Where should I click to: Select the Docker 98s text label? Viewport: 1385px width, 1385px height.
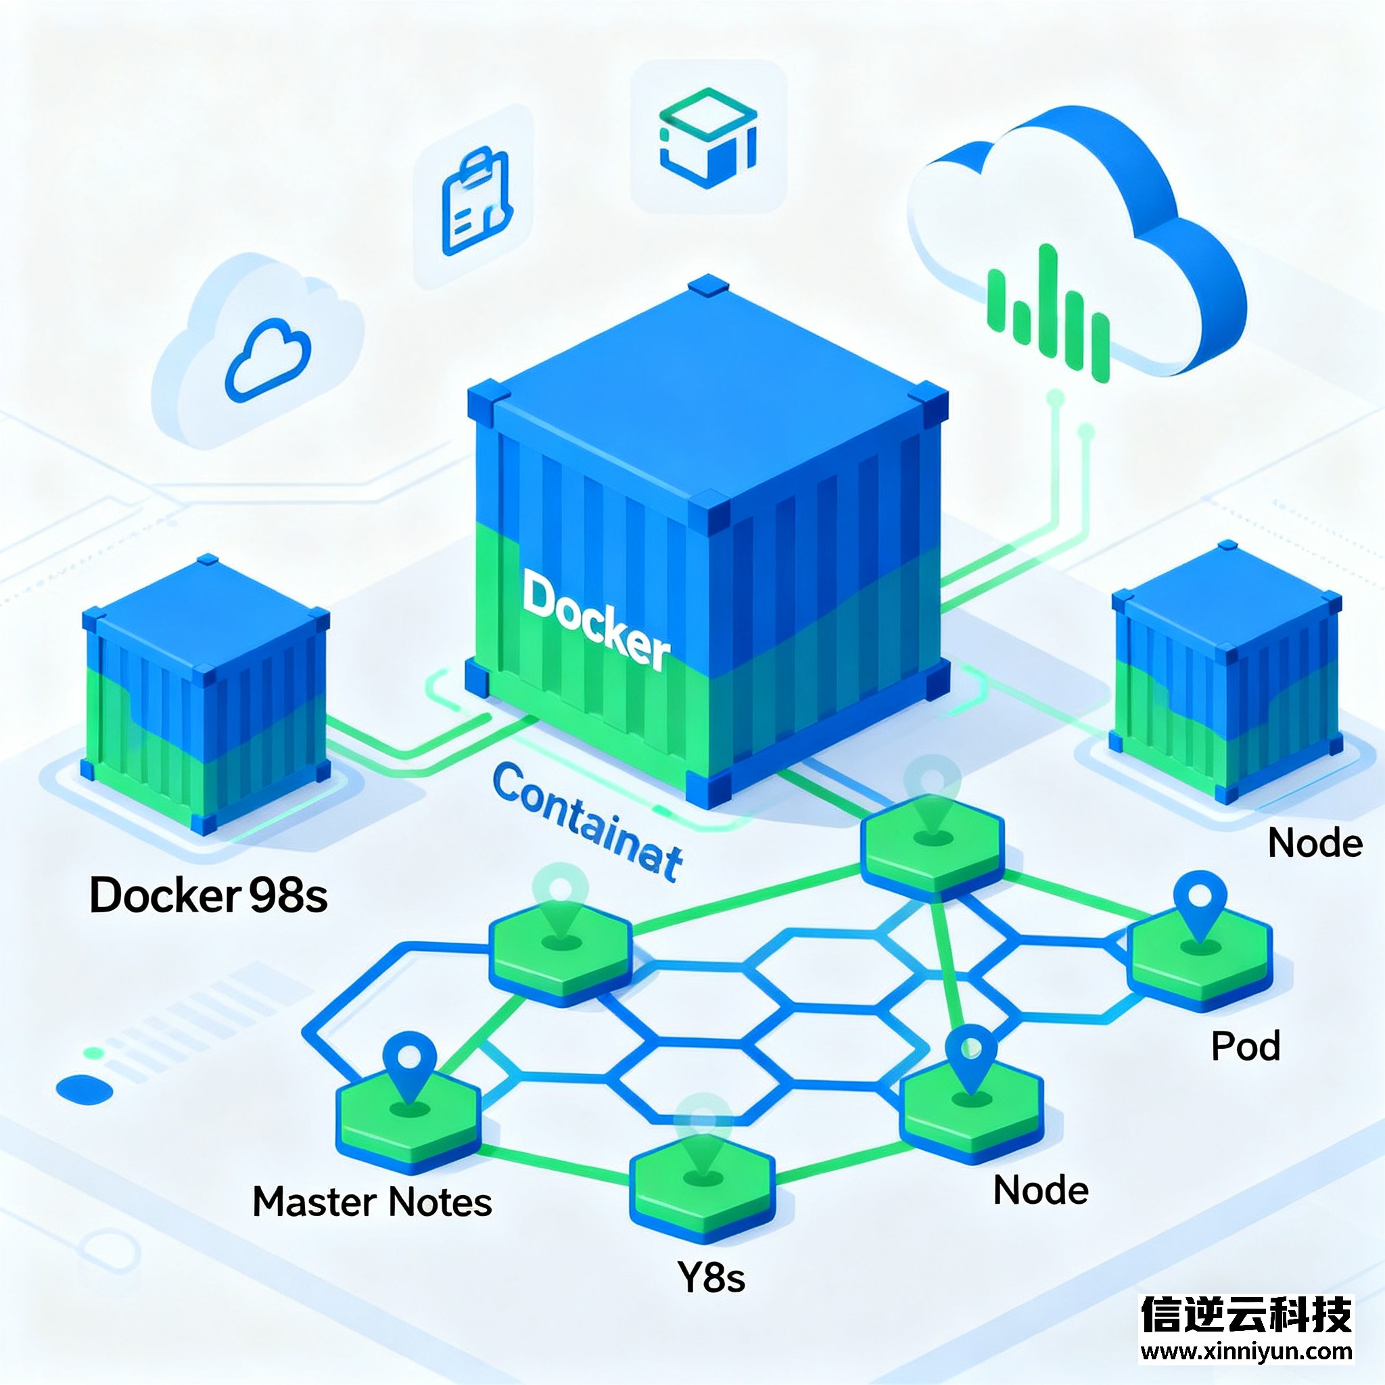(x=208, y=895)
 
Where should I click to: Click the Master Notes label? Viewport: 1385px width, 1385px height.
(x=372, y=1202)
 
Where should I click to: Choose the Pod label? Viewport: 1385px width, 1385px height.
(x=1245, y=1046)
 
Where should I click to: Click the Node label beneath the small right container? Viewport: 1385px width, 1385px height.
(x=1315, y=843)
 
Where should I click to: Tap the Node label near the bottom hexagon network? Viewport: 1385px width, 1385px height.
(x=1041, y=1190)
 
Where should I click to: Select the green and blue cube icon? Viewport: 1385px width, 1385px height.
(x=707, y=138)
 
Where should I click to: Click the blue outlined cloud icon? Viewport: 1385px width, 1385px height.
(x=268, y=360)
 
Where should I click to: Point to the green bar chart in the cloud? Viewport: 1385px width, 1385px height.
(x=1049, y=311)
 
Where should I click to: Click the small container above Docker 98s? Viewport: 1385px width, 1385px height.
(x=206, y=694)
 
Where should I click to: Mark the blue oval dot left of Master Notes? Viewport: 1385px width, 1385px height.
(x=85, y=1089)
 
